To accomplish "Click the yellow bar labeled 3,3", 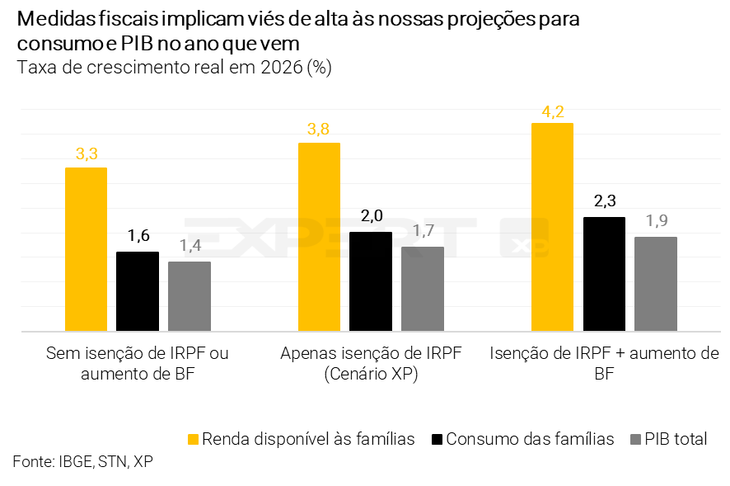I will coord(86,249).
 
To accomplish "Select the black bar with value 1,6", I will coord(138,291).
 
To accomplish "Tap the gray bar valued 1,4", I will coord(190,296).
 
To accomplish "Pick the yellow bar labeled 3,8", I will coord(319,237).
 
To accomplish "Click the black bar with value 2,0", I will coord(371,281).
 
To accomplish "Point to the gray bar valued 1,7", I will coord(423,289).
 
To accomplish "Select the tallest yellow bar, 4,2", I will coord(552,227).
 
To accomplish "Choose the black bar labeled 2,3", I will coord(604,274).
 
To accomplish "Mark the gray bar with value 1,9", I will coord(656,284).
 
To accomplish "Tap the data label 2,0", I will coord(371,217).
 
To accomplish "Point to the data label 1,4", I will coord(190,246).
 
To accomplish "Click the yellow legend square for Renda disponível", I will coord(193,439).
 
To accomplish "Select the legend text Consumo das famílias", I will coord(530,439).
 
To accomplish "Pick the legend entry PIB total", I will coord(676,439).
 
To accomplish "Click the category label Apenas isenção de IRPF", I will coord(371,354).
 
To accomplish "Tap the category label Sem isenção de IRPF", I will coord(138,354).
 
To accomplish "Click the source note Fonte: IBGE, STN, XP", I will coord(82,461).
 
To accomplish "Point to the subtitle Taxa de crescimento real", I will coord(174,68).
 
